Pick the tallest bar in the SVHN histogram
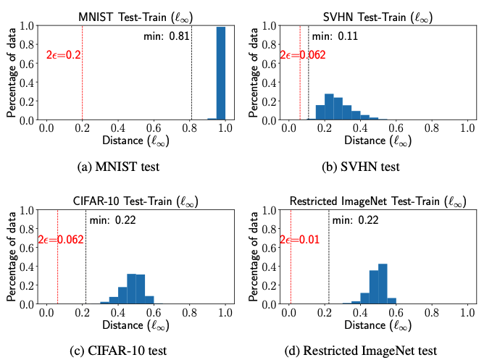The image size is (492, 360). click(x=329, y=106)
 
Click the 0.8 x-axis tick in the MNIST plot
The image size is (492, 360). click(x=189, y=128)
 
